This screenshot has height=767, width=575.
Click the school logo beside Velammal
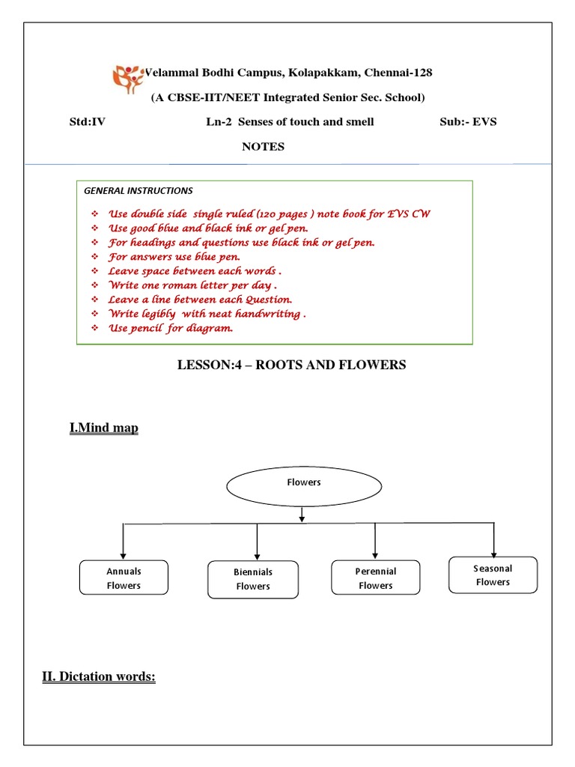127,76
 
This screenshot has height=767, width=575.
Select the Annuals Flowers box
124,577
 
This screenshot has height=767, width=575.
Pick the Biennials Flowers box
252,579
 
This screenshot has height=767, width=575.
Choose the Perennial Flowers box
375,577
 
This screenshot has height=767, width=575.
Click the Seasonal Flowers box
493,575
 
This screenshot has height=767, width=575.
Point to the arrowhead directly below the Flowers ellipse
302,517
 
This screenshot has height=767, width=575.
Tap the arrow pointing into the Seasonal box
493,551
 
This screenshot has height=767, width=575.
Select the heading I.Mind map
104,428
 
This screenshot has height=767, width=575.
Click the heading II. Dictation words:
98,678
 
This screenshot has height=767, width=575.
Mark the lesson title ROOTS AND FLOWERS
291,365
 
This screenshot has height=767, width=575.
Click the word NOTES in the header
263,147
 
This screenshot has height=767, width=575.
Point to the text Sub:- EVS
468,122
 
